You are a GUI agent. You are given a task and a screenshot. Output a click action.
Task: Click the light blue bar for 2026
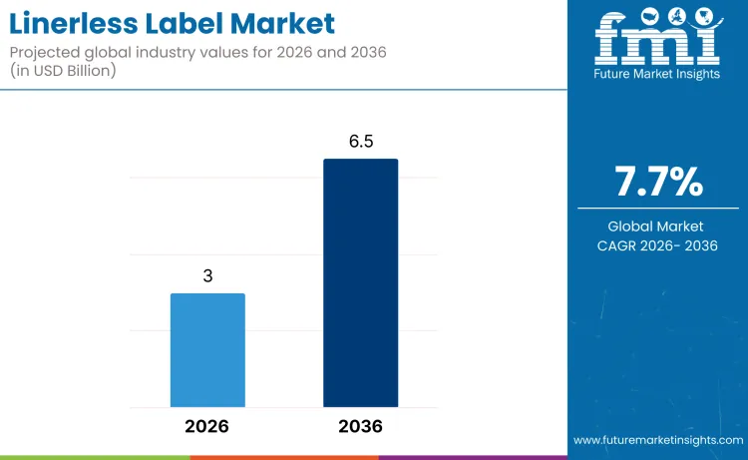[207, 349]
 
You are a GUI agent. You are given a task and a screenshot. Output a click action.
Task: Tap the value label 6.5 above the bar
[360, 142]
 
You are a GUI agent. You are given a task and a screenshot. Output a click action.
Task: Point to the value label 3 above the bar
[207, 276]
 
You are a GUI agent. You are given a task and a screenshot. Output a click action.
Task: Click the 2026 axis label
[207, 426]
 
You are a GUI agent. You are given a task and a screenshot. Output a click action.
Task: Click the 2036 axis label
[360, 426]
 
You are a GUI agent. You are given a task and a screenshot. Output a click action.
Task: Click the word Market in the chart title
[282, 22]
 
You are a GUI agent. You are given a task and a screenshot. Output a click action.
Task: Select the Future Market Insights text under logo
[657, 74]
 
